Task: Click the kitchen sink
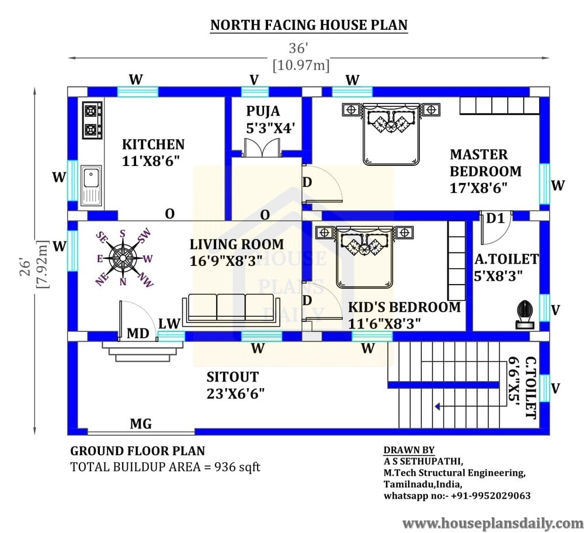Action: (x=91, y=185)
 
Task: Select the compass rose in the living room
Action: (x=123, y=258)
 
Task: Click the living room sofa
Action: (x=231, y=308)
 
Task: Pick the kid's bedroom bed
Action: (x=364, y=257)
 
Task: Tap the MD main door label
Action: (x=138, y=333)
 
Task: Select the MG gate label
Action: (x=141, y=424)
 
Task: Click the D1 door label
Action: (x=495, y=218)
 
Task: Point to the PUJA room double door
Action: (x=262, y=147)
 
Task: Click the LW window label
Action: (x=169, y=324)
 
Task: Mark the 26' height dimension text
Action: (x=26, y=266)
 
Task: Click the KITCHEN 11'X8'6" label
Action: (x=153, y=153)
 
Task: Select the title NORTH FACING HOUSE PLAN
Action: (x=309, y=25)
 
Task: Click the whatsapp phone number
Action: (x=491, y=496)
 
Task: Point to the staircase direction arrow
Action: (x=467, y=406)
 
